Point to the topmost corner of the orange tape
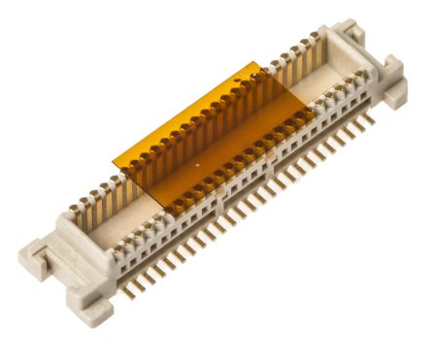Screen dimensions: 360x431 click(259, 62)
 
